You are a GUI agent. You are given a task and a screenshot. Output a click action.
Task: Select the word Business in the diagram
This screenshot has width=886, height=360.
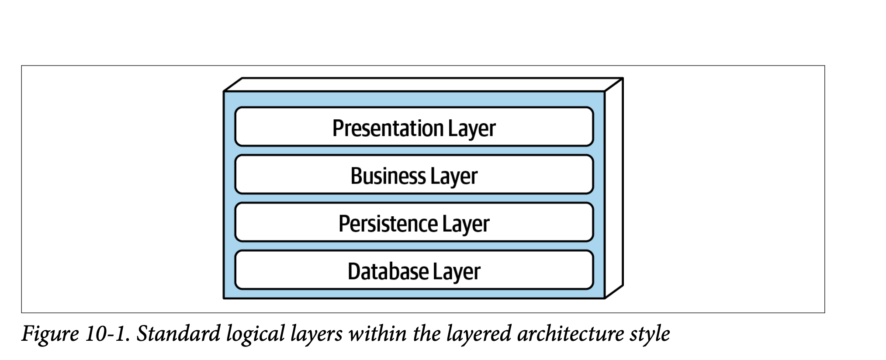click(388, 176)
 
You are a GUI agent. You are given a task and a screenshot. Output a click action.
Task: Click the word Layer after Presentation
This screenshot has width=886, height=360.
click(471, 129)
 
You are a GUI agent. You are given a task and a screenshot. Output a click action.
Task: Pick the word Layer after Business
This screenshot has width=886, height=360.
click(453, 177)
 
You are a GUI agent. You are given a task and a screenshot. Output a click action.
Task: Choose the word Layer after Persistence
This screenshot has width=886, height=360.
click(465, 224)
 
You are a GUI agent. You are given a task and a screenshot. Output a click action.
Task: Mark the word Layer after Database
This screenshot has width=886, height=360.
click(457, 272)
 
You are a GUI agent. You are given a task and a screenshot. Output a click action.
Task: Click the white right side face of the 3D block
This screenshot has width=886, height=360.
click(614, 188)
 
